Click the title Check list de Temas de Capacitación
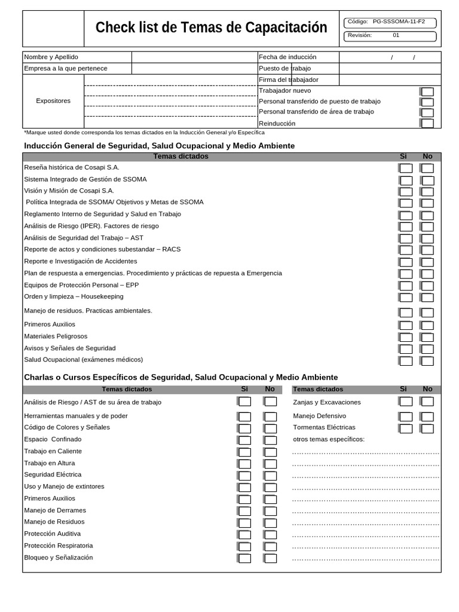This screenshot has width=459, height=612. click(x=211, y=27)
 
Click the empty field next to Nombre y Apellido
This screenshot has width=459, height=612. click(x=194, y=57)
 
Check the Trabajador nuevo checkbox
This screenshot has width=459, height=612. click(x=427, y=91)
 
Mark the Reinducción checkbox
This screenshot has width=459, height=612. click(x=427, y=124)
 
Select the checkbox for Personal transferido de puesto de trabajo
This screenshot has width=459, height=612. click(x=427, y=102)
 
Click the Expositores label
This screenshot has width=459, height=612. click(x=53, y=101)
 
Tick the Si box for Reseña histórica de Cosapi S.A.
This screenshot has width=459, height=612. click(x=406, y=169)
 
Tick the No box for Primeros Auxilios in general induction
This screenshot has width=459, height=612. click(x=427, y=326)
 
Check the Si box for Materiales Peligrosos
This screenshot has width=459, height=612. click(x=406, y=337)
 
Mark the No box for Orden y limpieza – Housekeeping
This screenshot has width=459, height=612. click(x=427, y=298)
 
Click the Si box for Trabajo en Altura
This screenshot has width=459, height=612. click(x=245, y=464)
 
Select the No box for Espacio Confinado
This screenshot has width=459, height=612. click(x=270, y=440)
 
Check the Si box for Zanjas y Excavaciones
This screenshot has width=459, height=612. click(x=406, y=402)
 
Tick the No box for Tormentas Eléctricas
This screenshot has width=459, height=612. click(x=427, y=429)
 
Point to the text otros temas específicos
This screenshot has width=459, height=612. click(x=329, y=439)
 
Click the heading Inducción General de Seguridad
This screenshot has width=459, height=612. click(x=159, y=146)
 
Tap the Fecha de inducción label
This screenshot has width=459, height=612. click(x=287, y=57)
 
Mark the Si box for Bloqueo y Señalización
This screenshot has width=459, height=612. click(x=245, y=558)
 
